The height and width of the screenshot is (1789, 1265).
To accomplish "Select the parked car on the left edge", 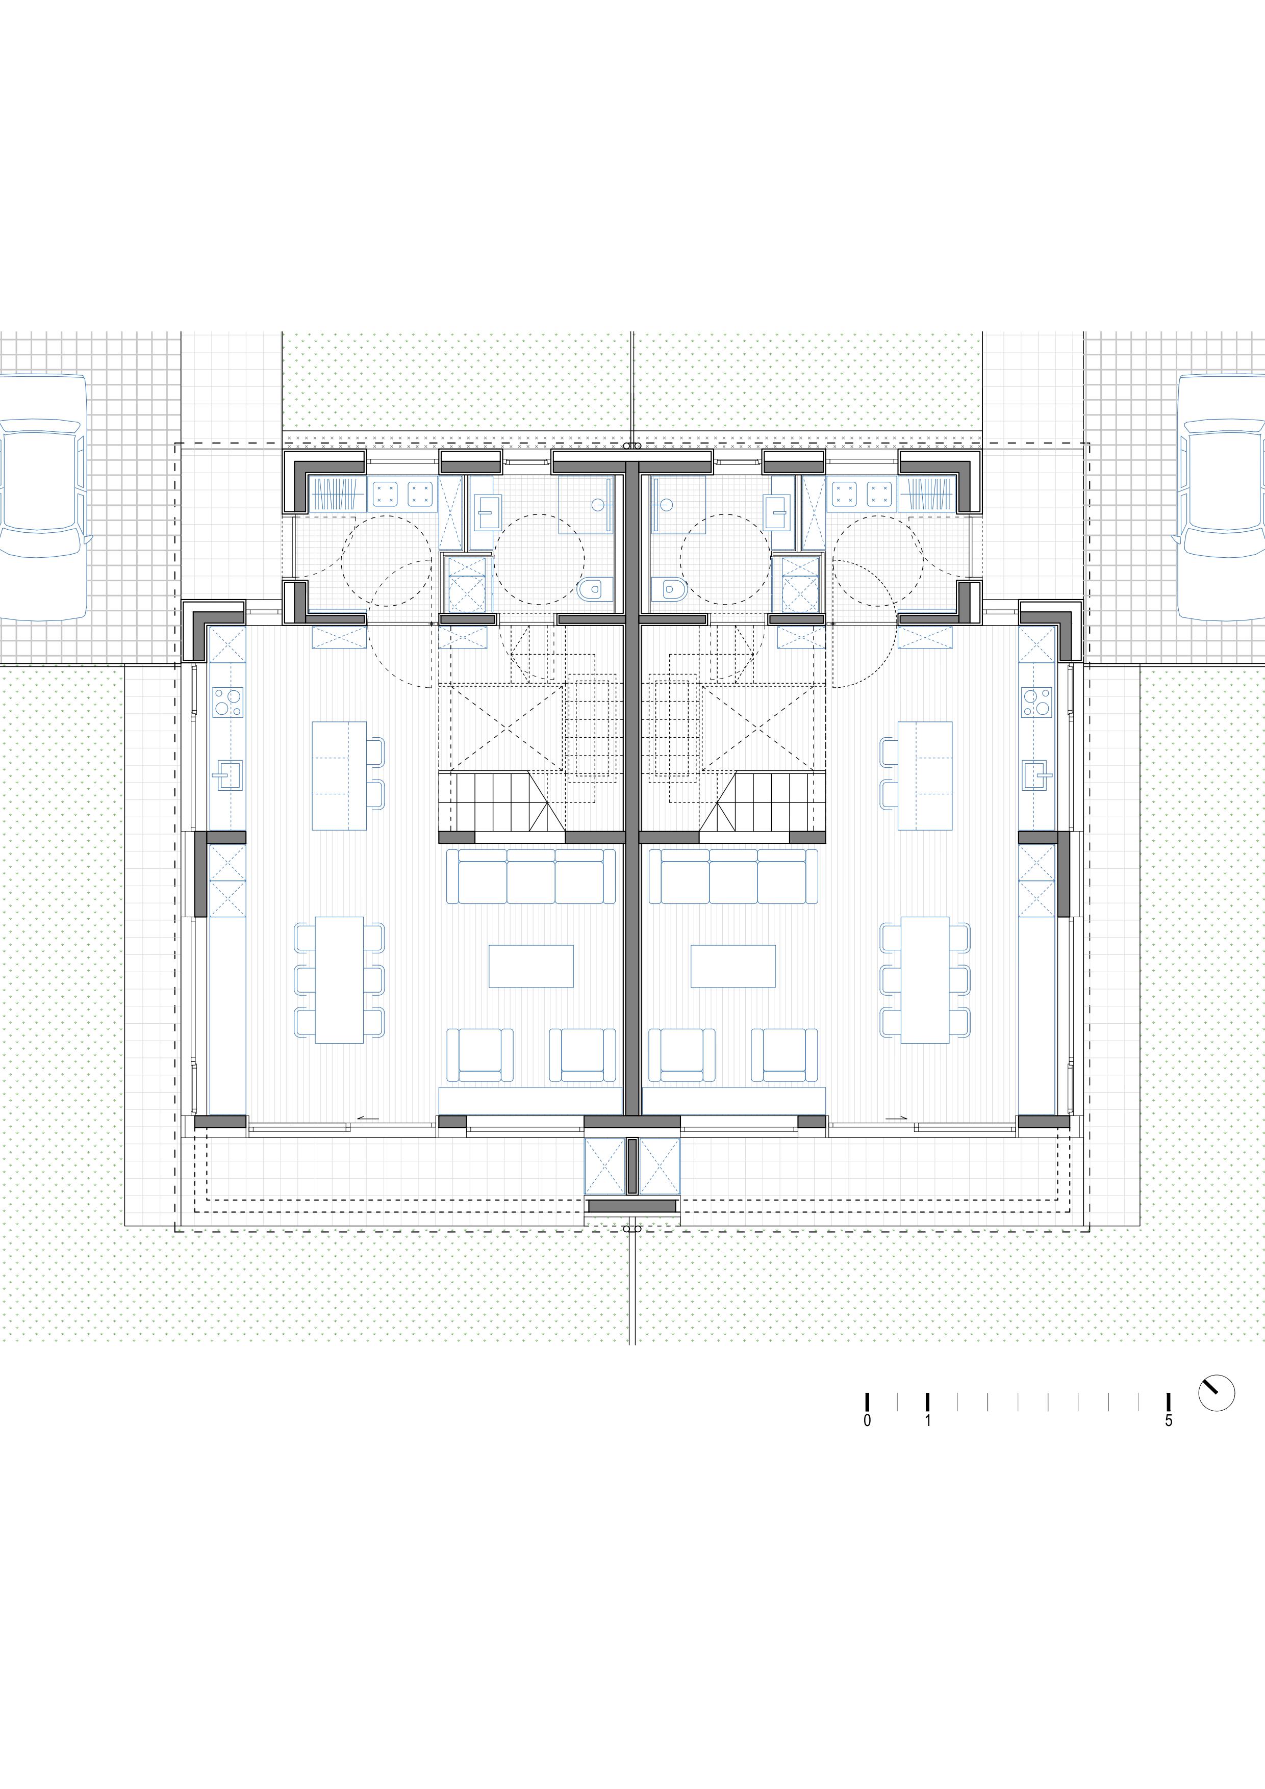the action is (42, 497).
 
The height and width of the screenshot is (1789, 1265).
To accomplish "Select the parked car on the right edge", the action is (1221, 497).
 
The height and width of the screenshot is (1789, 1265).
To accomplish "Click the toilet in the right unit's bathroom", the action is (669, 589).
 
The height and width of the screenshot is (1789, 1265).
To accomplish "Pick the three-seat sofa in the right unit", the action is (733, 876).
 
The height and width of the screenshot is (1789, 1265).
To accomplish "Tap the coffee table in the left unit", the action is (531, 966).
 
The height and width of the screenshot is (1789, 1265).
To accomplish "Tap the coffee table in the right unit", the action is (733, 966).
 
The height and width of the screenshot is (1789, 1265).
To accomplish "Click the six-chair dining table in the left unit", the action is (340, 979).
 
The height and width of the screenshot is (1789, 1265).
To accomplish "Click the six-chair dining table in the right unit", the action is (925, 979).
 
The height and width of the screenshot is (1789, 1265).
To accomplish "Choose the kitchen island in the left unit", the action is (340, 775).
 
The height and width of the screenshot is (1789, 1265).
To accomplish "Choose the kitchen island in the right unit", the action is (925, 775).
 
